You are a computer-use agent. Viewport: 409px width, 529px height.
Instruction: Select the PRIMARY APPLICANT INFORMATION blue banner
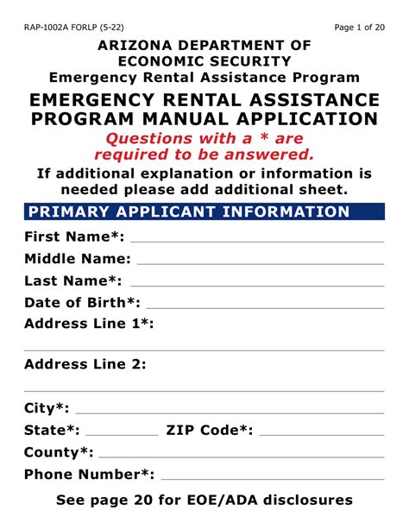pos(204,212)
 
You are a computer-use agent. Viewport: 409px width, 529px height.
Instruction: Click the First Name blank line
pos(256,241)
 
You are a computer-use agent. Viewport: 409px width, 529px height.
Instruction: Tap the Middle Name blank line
pos(260,262)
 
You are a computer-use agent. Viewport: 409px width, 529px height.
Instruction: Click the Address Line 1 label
pos(89,324)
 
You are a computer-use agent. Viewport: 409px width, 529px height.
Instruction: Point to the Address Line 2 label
pos(85,364)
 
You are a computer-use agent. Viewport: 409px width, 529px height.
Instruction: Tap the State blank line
pos(123,434)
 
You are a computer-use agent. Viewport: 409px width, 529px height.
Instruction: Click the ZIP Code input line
pos(321,434)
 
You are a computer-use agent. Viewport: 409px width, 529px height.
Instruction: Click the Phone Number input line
pos(273,478)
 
